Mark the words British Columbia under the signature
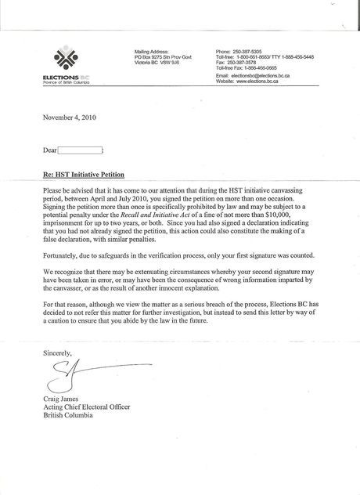[67, 416]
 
